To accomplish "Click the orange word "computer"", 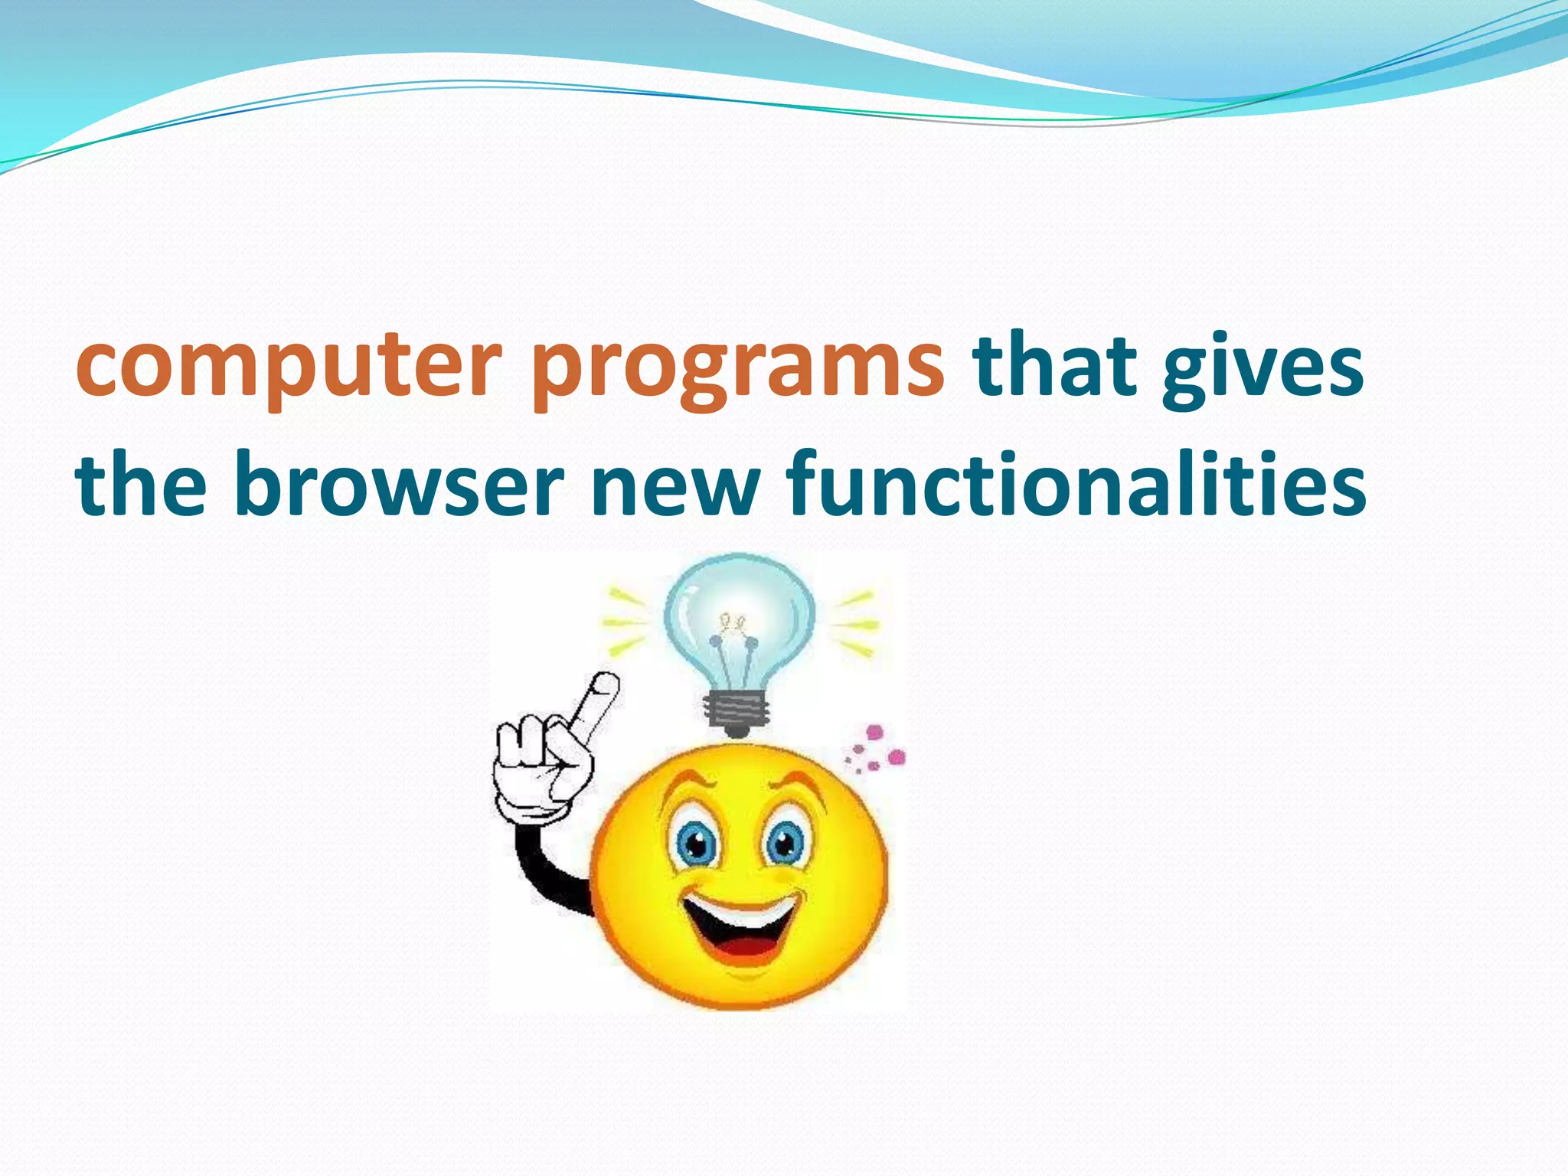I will pos(289,366).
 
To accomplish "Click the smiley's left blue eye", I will pos(695,845).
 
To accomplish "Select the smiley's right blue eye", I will pos(784,845).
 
